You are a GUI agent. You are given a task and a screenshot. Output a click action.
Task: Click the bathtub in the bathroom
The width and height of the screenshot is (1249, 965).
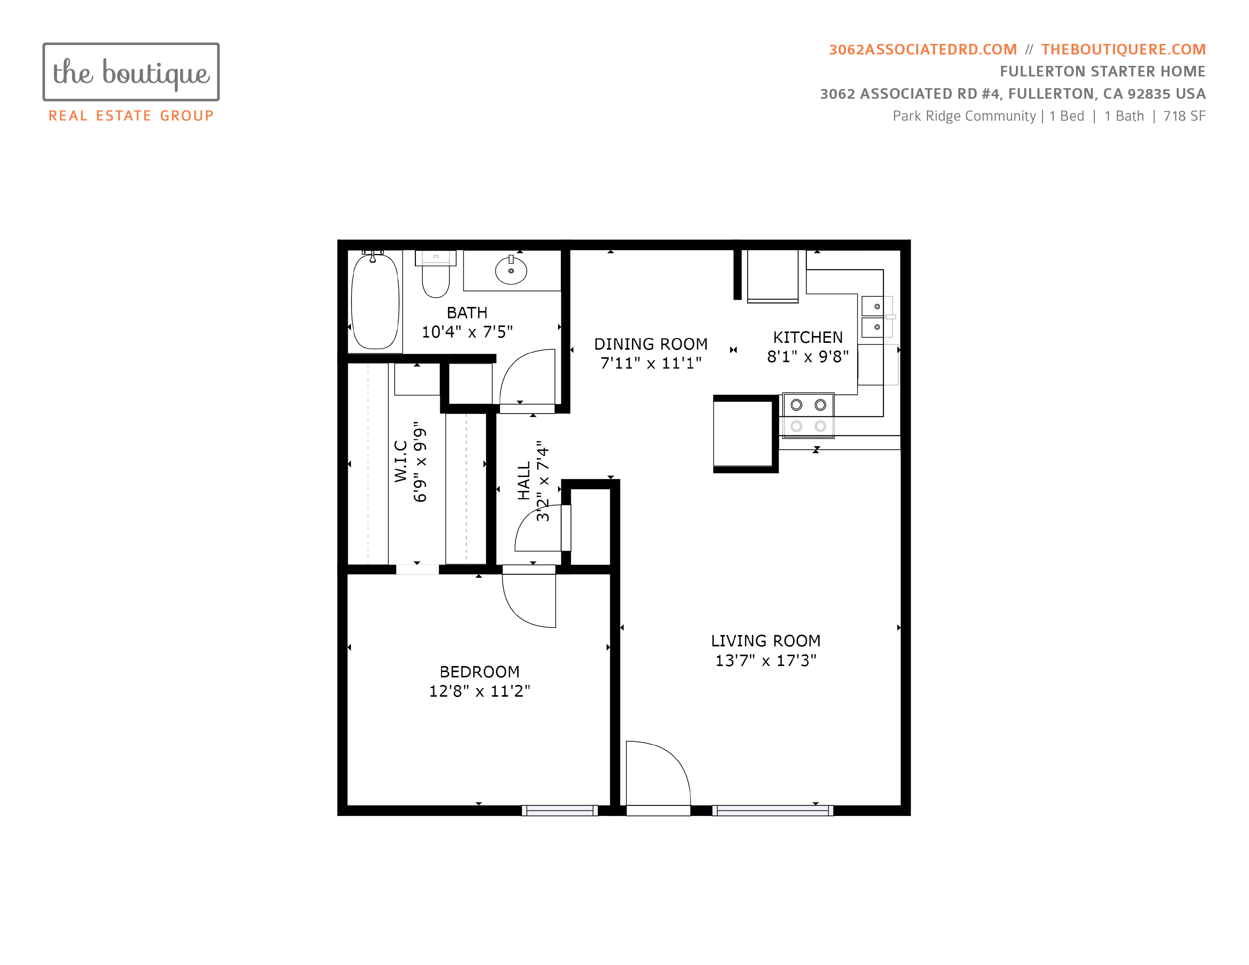pyautogui.click(x=375, y=301)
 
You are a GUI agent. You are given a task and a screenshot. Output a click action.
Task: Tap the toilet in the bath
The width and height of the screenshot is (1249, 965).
pyautogui.click(x=436, y=274)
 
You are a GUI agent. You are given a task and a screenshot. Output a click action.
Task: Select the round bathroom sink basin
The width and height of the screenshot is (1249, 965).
pyautogui.click(x=511, y=271)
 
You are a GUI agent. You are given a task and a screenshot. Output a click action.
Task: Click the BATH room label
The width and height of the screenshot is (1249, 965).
pyautogui.click(x=467, y=313)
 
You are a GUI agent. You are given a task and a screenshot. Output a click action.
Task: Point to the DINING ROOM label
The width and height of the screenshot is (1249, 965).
pyautogui.click(x=651, y=344)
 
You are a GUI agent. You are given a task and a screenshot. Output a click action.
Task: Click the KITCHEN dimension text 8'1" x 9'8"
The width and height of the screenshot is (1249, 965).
pyautogui.click(x=808, y=357)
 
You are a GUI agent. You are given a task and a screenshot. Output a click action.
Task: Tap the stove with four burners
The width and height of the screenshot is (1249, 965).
pyautogui.click(x=808, y=416)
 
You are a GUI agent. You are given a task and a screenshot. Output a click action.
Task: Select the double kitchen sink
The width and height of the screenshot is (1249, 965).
pyautogui.click(x=873, y=317)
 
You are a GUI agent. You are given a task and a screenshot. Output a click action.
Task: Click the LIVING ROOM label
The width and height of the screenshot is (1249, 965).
pyautogui.click(x=766, y=641)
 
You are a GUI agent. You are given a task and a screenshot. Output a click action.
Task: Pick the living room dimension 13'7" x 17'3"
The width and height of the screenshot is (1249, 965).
pyautogui.click(x=766, y=661)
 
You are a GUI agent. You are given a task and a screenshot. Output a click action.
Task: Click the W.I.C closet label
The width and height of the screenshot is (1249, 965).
pyautogui.click(x=401, y=461)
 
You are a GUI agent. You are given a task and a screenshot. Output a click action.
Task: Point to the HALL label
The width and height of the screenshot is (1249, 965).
pyautogui.click(x=524, y=481)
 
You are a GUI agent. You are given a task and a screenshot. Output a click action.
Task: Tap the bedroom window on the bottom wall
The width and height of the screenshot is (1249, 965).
pyautogui.click(x=560, y=811)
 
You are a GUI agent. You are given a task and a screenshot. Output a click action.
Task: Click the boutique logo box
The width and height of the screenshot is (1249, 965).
pyautogui.click(x=131, y=72)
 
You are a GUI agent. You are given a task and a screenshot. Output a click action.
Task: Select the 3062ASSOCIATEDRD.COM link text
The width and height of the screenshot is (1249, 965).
pyautogui.click(x=923, y=50)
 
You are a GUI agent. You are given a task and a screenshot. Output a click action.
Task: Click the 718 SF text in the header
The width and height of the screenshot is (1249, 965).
pyautogui.click(x=1184, y=116)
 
